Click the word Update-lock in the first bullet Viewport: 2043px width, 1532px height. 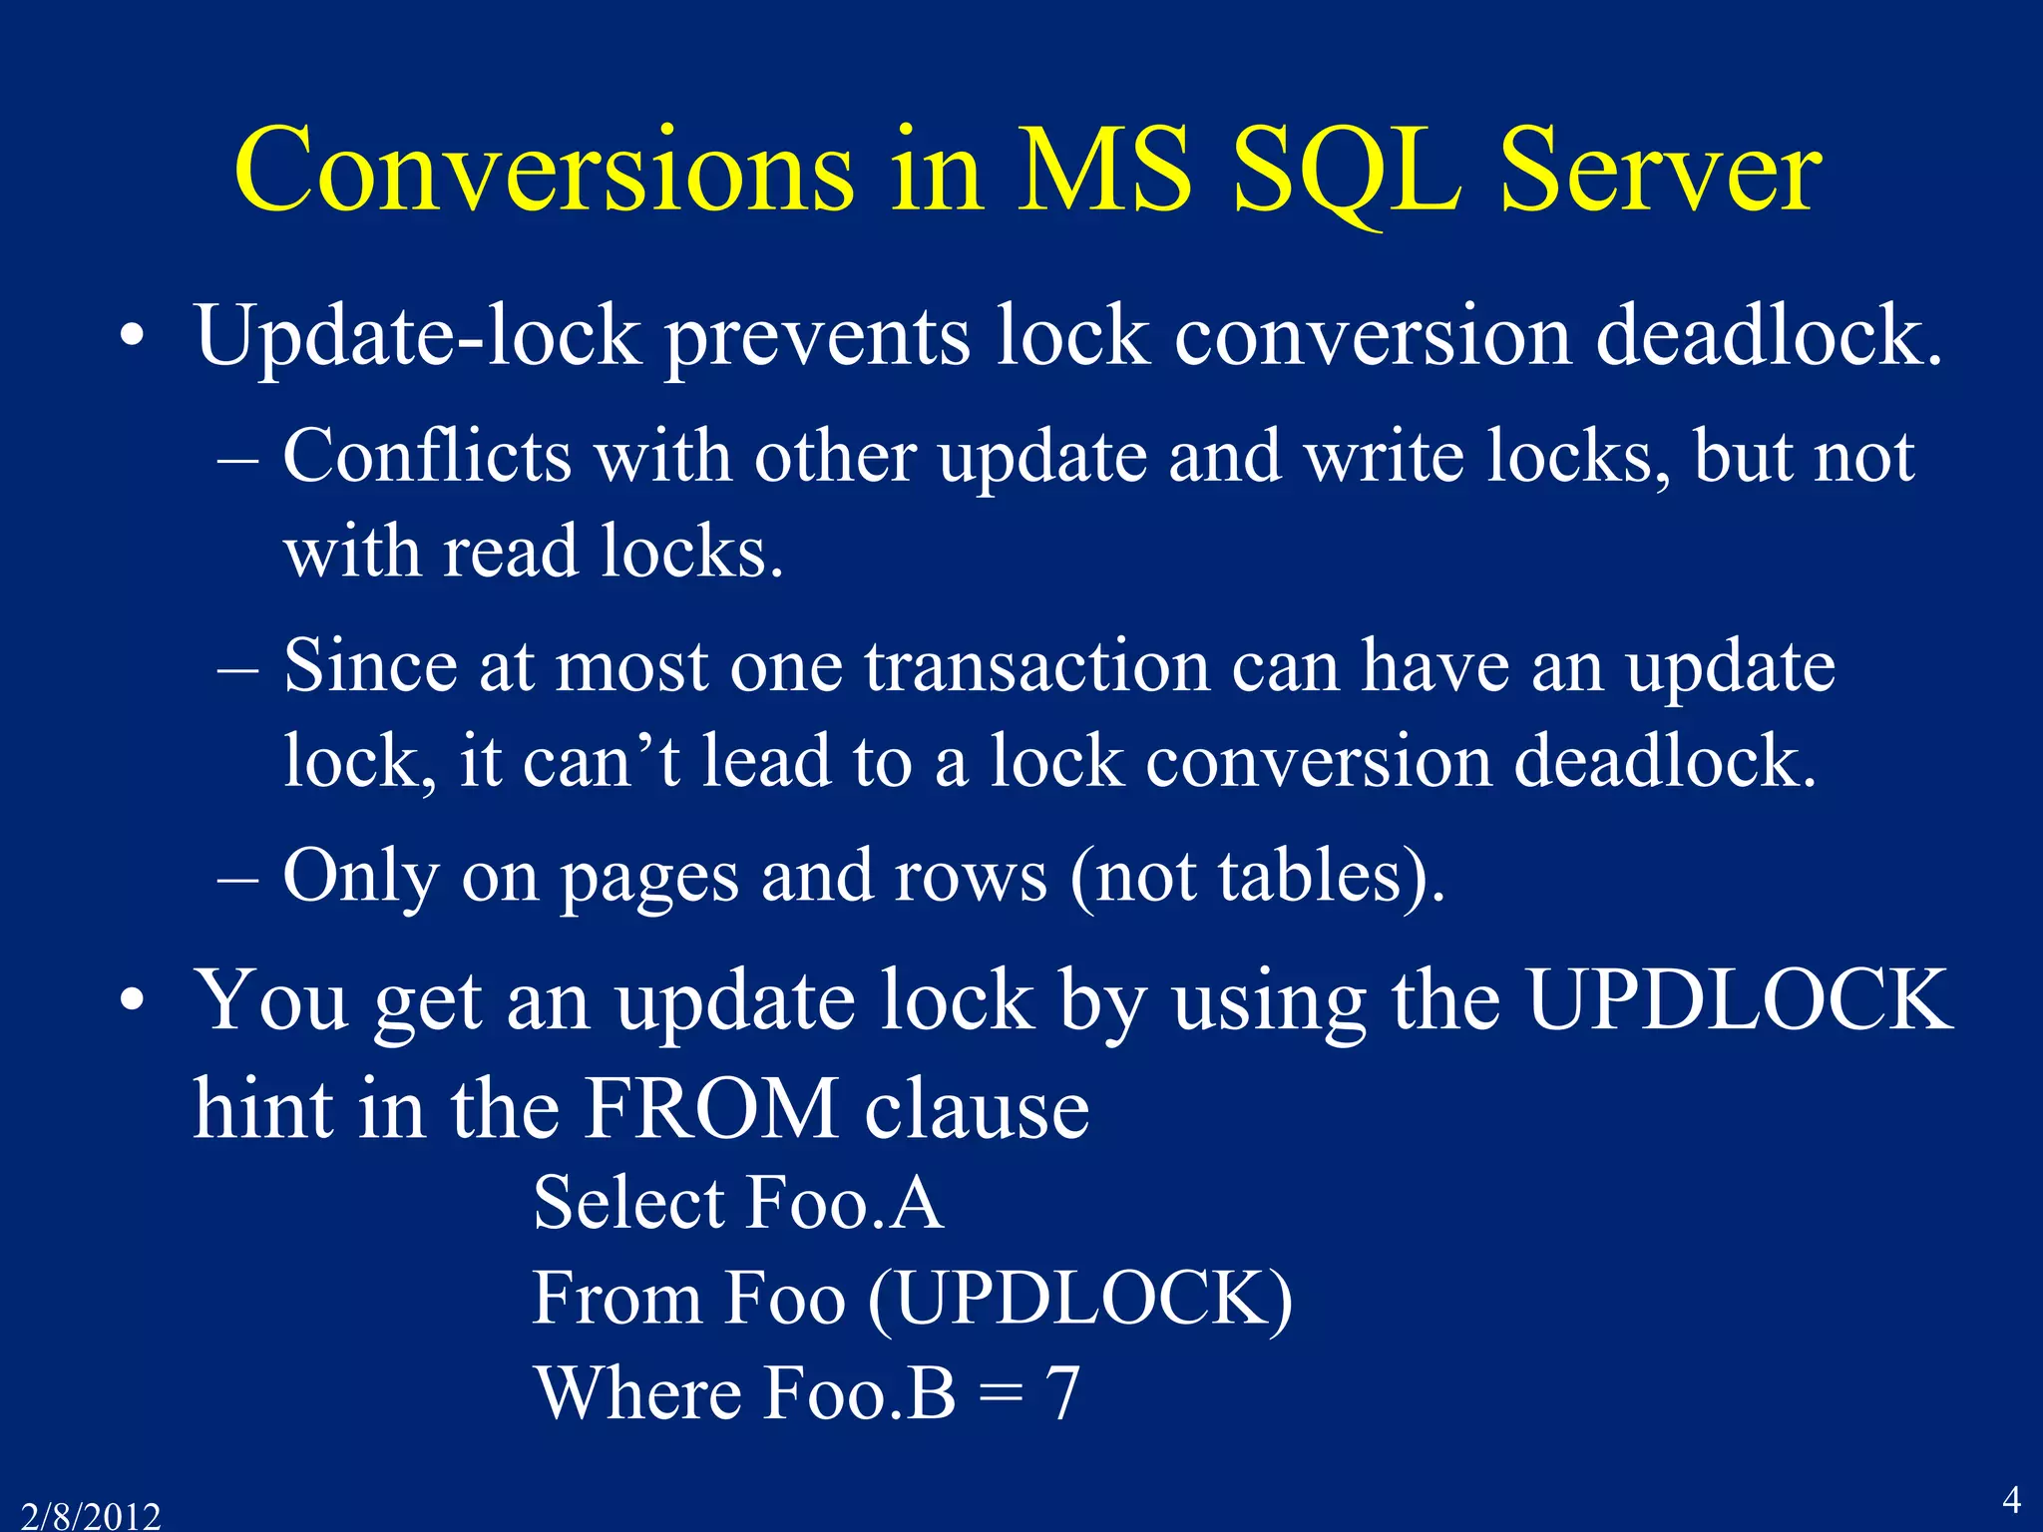click(x=417, y=336)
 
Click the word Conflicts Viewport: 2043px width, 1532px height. click(x=427, y=456)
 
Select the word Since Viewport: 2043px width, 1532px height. click(x=370, y=665)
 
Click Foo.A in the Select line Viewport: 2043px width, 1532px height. click(x=844, y=1202)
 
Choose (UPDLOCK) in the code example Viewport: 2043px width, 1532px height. click(x=1080, y=1299)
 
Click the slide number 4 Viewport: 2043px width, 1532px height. click(x=2011, y=1500)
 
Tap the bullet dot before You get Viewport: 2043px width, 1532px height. click(x=132, y=1000)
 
